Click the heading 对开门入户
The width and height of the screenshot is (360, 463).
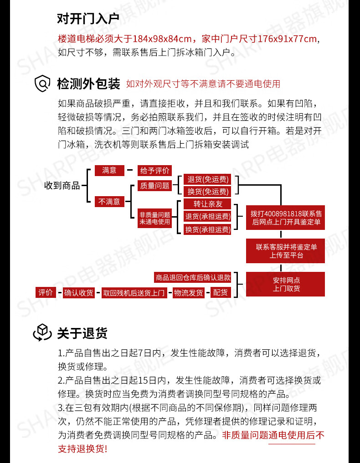[88, 19]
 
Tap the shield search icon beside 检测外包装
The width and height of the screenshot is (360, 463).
[42, 83]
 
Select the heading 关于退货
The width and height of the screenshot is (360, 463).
[82, 333]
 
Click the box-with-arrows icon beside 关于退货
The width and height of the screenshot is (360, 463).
[42, 333]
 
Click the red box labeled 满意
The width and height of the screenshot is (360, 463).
[109, 171]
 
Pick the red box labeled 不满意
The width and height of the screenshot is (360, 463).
[109, 201]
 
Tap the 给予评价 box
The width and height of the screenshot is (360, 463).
[155, 171]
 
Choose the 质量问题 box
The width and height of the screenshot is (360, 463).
[155, 186]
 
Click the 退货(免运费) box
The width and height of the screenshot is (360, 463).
[207, 179]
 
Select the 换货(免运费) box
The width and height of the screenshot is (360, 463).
[207, 192]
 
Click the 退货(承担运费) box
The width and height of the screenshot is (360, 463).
[207, 216]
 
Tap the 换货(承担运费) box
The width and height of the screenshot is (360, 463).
[207, 229]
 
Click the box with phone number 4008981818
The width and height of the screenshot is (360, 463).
[286, 217]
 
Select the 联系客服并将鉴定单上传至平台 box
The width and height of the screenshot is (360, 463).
[286, 251]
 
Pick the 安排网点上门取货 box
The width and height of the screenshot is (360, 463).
[286, 284]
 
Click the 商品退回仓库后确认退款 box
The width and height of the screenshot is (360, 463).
[193, 277]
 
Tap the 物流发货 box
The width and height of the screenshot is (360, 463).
[189, 292]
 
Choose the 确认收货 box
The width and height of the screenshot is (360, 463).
[78, 292]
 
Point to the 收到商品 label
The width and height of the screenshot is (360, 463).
[62, 186]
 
